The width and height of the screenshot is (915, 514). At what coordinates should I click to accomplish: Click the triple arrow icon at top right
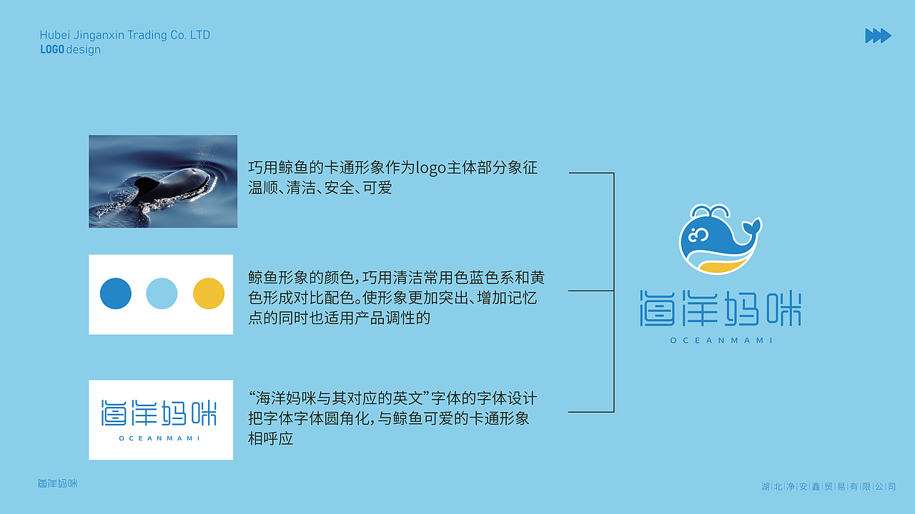(x=878, y=36)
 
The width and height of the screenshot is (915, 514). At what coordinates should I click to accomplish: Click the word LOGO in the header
(x=52, y=50)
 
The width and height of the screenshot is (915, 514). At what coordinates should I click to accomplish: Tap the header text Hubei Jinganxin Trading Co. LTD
(x=125, y=35)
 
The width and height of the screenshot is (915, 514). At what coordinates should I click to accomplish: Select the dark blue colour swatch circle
(x=116, y=294)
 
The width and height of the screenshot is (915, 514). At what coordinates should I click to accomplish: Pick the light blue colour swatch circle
(x=162, y=294)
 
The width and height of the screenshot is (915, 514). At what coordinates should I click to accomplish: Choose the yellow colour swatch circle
(x=209, y=294)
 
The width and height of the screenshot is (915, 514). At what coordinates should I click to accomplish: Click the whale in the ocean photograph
(x=172, y=185)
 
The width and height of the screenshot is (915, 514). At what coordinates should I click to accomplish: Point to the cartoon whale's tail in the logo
(x=751, y=228)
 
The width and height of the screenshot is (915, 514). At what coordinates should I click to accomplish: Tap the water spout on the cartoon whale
(x=708, y=211)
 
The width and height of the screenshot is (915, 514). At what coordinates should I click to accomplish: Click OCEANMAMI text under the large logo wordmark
(x=721, y=341)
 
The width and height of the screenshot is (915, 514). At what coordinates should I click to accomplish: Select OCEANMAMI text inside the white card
(x=159, y=438)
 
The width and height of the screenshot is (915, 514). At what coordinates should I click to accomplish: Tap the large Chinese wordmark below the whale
(x=721, y=309)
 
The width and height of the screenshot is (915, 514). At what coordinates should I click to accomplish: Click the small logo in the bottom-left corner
(x=57, y=483)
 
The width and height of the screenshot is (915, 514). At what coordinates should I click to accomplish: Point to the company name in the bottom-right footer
(x=829, y=487)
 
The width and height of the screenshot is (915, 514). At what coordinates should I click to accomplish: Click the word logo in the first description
(x=431, y=168)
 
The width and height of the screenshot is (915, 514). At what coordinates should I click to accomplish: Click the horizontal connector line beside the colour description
(x=590, y=291)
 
